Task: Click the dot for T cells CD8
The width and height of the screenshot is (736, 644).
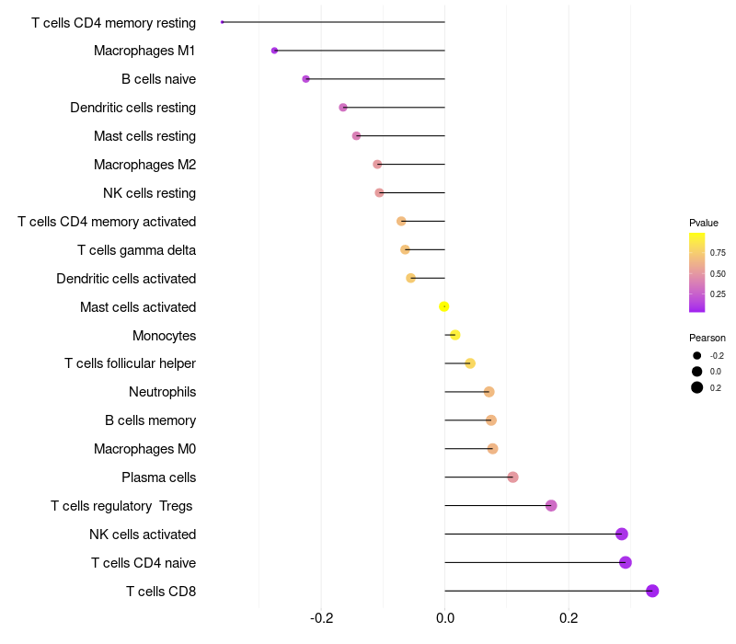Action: coord(652,591)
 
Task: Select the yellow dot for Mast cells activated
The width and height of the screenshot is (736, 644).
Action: coord(444,306)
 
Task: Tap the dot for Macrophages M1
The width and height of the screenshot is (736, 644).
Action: coord(274,51)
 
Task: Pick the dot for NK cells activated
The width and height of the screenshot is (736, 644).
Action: coord(622,534)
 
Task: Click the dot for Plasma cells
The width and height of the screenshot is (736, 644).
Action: coord(513,477)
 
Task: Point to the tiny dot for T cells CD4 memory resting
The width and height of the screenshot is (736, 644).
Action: coord(223,22)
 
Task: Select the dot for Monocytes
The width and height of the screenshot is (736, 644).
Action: coord(454,335)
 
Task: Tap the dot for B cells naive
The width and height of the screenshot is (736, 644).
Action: coord(306,79)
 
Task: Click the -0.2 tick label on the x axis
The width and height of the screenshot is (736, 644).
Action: coord(321,618)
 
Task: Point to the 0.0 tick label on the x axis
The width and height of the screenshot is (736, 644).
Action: coord(445,618)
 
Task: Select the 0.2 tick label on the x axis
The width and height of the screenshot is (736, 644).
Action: coord(569,618)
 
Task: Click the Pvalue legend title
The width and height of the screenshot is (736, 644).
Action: coord(704,223)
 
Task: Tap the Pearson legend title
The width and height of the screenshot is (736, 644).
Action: coord(707,338)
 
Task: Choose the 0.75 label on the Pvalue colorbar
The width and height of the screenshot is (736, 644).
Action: coord(718,252)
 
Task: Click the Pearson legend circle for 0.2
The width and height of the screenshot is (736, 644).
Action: coord(697,387)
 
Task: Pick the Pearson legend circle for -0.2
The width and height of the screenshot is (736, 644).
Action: coord(697,355)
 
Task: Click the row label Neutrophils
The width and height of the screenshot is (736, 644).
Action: coord(163,392)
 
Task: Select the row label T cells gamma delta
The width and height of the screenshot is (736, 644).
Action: coord(136,250)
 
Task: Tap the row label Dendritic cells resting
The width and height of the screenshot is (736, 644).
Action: coord(133,108)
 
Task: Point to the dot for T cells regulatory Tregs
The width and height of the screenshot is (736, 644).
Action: coord(551,505)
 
